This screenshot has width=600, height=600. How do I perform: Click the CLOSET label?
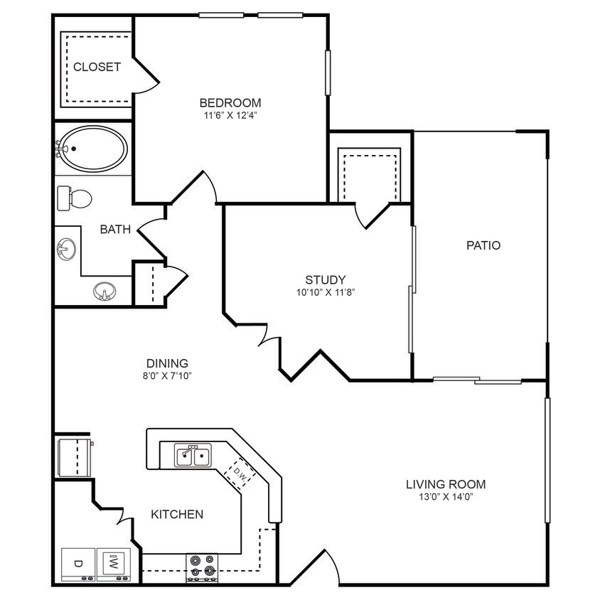(97, 68)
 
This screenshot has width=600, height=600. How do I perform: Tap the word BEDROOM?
(230, 102)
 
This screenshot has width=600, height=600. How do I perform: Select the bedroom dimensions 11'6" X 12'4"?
(230, 115)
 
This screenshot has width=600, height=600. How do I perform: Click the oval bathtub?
(92, 149)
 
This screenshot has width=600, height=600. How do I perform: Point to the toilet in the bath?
(75, 198)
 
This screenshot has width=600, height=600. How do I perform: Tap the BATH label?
(115, 229)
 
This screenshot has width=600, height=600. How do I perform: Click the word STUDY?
(325, 279)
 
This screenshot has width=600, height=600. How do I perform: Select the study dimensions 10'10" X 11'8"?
(325, 292)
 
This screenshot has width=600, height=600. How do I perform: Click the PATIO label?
(483, 245)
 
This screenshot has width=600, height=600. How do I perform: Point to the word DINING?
(168, 363)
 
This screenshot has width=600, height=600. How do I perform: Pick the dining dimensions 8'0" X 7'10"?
(168, 375)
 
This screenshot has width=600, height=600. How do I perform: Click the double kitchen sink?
(193, 456)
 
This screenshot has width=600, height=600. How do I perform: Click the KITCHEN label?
(177, 514)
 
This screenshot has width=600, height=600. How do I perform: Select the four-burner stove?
(201, 566)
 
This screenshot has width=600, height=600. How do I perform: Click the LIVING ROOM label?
(446, 485)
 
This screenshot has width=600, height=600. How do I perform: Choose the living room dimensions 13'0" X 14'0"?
(446, 497)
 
